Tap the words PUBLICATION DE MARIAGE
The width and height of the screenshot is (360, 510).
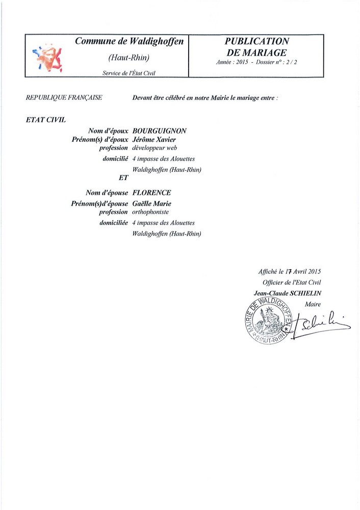[x=256, y=46]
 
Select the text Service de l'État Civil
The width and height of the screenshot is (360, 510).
[x=129, y=73]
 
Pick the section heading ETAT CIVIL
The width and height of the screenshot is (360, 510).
[x=44, y=120]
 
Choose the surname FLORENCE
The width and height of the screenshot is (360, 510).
[x=151, y=193]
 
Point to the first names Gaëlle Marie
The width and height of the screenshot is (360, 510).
[x=151, y=204]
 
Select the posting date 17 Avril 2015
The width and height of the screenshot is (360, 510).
[x=303, y=272]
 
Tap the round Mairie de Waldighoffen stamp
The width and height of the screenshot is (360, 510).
[x=267, y=321]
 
